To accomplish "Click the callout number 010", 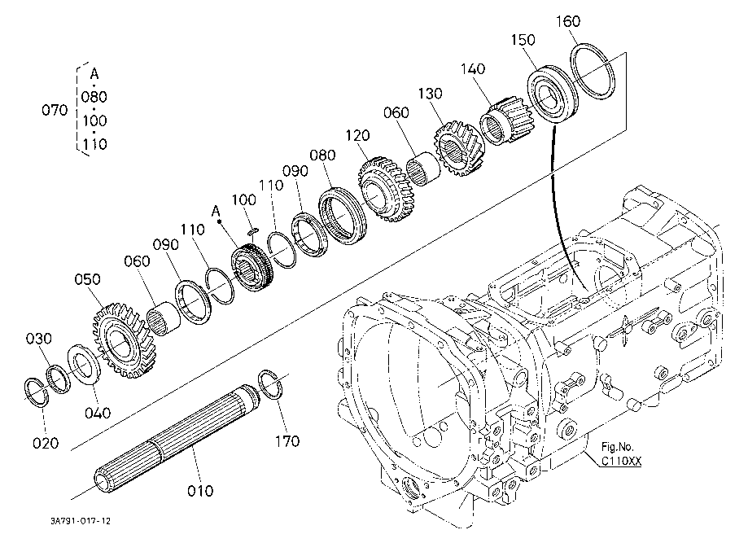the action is click(200, 491).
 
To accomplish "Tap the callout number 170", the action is click(287, 441).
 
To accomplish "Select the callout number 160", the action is click(568, 21).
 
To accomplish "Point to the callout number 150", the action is click(523, 40).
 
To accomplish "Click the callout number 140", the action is click(473, 68).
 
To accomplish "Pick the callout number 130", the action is click(431, 94).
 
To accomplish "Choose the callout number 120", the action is click(358, 135).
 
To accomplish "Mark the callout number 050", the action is click(88, 279).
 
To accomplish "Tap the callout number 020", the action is click(46, 443).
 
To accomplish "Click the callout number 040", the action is click(98, 412).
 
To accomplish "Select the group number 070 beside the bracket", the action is click(55, 110).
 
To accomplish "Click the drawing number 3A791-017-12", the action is click(81, 521).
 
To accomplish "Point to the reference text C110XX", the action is click(621, 461).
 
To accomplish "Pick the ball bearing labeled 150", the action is click(553, 94).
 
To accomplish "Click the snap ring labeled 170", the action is click(272, 384).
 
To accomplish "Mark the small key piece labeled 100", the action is click(252, 231).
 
